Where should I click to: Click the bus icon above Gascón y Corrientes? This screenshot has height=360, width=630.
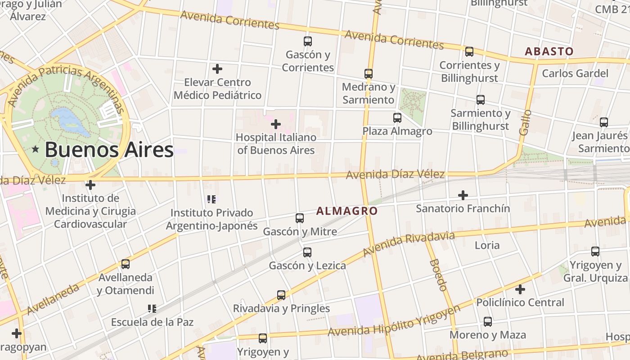[x=308, y=41]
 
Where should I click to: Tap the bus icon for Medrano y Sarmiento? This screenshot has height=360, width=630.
[x=369, y=73]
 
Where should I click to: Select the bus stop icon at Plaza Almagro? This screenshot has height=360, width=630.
[x=397, y=118]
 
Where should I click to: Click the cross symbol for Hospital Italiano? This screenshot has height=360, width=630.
[x=276, y=124]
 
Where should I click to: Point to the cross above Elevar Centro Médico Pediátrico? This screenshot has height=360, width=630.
[x=217, y=69]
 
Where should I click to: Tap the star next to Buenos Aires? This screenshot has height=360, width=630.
[x=35, y=149]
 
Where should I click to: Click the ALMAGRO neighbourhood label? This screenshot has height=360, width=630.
[x=346, y=211]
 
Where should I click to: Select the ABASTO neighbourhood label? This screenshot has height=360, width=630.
[x=549, y=51]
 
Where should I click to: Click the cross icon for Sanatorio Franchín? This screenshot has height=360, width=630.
[x=463, y=195]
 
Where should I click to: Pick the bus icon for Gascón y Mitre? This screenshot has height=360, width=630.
[x=300, y=218]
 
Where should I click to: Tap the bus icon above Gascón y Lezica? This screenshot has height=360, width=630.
[x=307, y=252]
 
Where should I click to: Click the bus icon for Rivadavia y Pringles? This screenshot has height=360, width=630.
[x=281, y=295]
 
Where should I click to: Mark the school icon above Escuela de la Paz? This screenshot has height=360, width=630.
[x=152, y=309]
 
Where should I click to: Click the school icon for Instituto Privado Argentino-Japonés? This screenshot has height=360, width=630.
[x=211, y=199]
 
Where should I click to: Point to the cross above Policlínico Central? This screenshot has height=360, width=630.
[x=520, y=289]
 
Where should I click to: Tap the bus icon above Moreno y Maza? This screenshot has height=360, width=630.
[x=488, y=322]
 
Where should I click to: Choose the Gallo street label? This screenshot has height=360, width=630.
[x=525, y=122]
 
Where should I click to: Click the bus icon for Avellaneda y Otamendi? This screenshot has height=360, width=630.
[x=126, y=264]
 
